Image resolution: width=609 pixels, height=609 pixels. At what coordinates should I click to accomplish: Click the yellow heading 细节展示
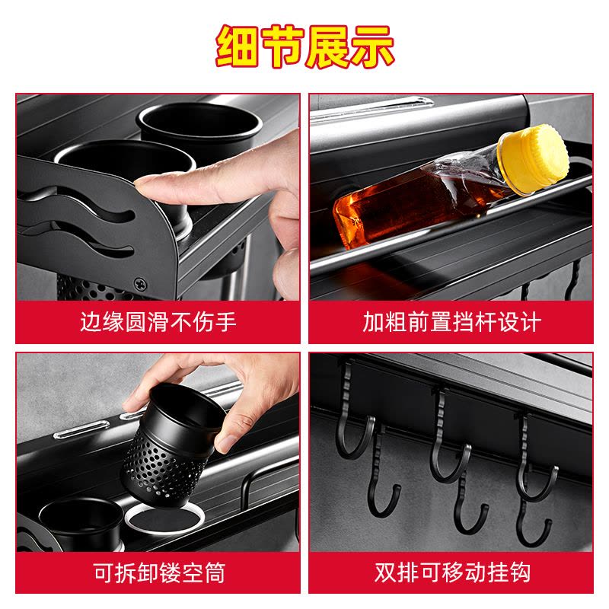pos(305,46)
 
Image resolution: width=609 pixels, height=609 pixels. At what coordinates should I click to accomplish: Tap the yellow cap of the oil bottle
pos(534,159)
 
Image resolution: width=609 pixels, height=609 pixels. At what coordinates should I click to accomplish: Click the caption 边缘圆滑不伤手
pos(158,322)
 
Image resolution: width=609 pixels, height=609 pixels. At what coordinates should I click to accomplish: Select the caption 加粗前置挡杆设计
pos(451,322)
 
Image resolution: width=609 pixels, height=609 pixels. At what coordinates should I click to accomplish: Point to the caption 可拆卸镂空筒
pos(159,572)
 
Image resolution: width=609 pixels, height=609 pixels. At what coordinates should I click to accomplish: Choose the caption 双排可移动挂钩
pos(452,572)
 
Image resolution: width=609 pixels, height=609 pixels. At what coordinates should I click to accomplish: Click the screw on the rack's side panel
pos(140,284)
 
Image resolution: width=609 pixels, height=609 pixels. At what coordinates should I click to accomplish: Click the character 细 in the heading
pos(237,47)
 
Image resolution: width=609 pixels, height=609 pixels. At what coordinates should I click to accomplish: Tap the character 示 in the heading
pos(372,47)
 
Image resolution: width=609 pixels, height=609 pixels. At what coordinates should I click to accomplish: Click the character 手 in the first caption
pos(225,322)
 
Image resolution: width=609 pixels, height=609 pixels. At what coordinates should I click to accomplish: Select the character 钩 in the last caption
pos(520,572)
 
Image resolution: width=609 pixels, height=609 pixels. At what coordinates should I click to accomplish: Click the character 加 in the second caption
pos(373,322)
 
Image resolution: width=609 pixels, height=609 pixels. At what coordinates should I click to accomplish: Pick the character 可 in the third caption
pos(104,572)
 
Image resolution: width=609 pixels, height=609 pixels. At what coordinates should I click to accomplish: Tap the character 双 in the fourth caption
pos(385,572)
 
